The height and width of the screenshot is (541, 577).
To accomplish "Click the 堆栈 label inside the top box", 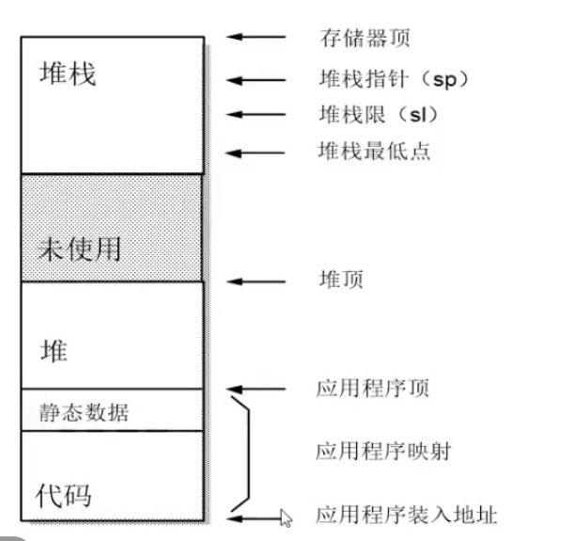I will click(x=68, y=74).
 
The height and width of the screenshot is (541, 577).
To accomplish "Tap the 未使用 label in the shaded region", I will click(x=80, y=250).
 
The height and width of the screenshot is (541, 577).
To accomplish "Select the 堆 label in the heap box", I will click(x=55, y=352).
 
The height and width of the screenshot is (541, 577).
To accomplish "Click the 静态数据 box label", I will click(x=85, y=411).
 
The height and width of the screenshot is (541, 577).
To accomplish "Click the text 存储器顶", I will click(x=365, y=39).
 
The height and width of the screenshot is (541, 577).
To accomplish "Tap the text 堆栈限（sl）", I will click(x=379, y=115).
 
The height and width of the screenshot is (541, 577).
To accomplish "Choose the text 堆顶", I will click(x=341, y=279).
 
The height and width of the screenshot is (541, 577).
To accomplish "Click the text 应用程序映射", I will click(x=382, y=452).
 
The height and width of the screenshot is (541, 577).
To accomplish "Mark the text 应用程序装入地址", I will click(x=406, y=516).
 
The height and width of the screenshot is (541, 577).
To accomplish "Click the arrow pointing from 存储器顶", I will click(x=256, y=39).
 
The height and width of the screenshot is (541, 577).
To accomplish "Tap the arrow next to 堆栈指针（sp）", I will click(x=256, y=80).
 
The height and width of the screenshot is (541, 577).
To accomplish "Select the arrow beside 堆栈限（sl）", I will click(x=256, y=115).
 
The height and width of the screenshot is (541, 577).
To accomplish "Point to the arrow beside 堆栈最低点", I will click(x=256, y=151).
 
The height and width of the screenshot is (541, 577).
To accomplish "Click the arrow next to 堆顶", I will click(x=256, y=280).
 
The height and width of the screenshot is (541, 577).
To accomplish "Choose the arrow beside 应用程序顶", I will click(x=256, y=389).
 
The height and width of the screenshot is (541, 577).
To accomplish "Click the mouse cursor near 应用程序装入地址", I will click(x=287, y=517).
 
